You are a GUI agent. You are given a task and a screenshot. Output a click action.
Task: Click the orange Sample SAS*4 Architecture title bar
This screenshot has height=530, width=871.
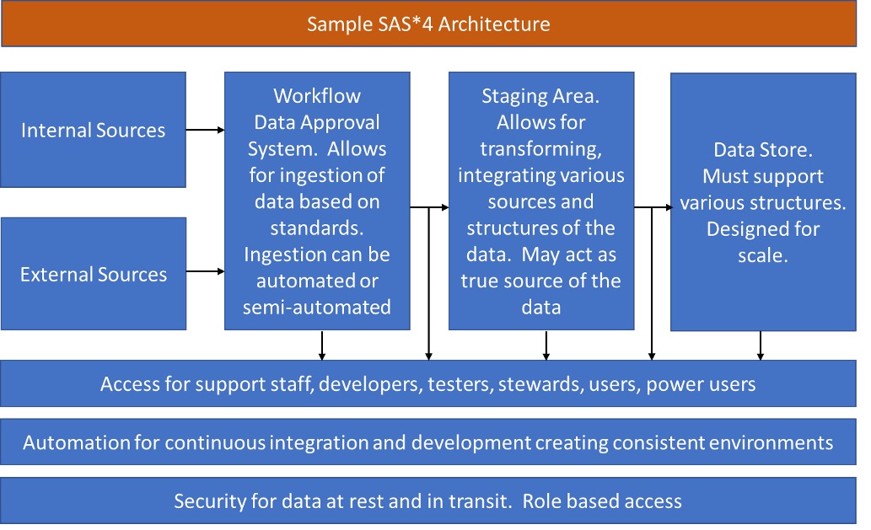point(428,24)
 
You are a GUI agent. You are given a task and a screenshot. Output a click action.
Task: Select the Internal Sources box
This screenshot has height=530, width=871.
point(93,130)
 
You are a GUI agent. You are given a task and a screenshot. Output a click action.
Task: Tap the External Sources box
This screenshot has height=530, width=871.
point(93,275)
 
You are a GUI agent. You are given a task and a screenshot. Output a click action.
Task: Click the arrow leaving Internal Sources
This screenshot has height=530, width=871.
point(205,130)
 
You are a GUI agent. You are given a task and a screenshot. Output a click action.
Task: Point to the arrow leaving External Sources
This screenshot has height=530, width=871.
point(205,271)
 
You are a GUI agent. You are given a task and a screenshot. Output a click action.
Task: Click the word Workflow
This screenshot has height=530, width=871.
point(316,95)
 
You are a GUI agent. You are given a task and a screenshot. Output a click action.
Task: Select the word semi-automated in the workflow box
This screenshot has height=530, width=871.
point(316,307)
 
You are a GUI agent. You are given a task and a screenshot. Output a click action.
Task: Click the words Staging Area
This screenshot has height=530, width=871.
point(540,96)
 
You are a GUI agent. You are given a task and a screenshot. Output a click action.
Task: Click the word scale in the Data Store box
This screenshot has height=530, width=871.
point(762,255)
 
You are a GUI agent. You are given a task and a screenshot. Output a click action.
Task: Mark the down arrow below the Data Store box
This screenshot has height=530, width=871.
point(761,345)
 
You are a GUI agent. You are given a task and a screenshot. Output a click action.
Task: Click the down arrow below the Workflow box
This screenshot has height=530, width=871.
point(322,345)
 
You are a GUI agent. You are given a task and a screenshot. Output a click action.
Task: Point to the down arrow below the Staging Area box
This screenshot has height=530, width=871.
point(546,345)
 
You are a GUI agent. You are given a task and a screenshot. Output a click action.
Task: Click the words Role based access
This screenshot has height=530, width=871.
point(602,501)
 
